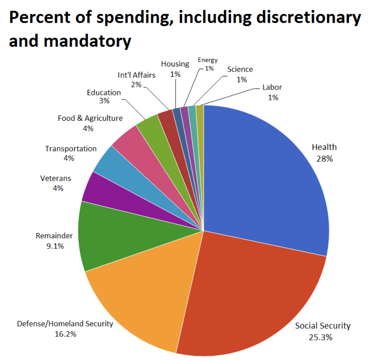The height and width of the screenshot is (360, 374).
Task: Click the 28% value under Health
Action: [324, 159]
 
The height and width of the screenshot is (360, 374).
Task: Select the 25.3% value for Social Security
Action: [323, 337]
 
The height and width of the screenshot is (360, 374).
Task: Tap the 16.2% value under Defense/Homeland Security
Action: [65, 335]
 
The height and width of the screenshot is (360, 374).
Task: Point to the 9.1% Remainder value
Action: [54, 246]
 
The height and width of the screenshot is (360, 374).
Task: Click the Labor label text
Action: [272, 87]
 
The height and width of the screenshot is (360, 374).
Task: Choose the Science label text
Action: [240, 69]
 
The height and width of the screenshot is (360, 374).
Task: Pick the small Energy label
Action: [208, 60]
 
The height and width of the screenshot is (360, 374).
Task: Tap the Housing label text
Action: [175, 64]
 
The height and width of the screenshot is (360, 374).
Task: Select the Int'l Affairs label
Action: [136, 75]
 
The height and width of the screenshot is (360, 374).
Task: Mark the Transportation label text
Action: [71, 148]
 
